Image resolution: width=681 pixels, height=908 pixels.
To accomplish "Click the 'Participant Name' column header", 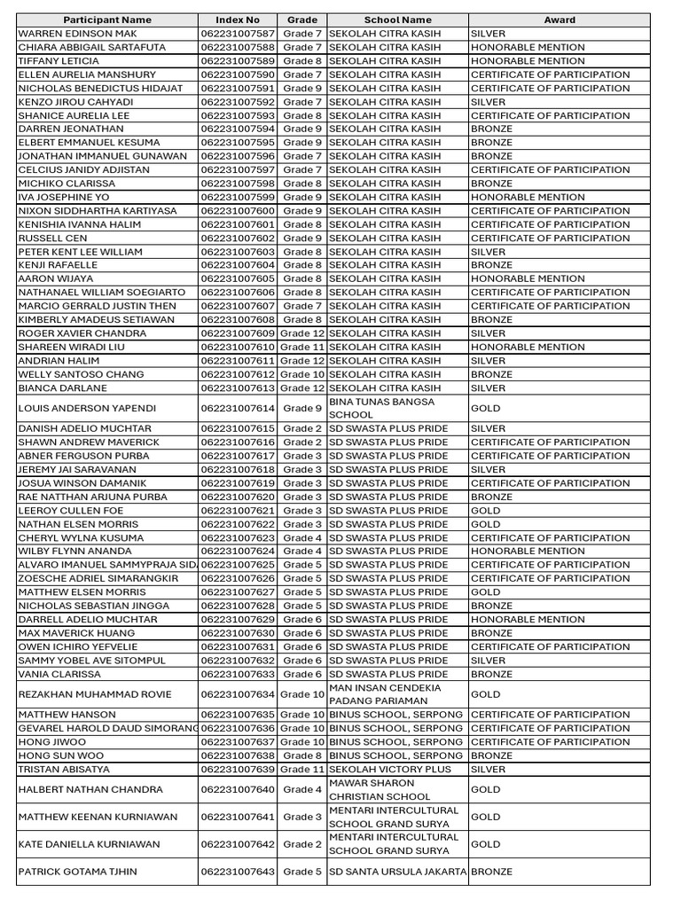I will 108,20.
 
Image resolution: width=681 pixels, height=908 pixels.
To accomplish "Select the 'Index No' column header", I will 238,20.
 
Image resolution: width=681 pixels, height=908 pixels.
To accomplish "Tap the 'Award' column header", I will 559,20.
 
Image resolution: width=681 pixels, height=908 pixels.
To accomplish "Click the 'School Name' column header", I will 397,20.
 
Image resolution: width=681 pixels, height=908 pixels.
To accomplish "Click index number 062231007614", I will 238,409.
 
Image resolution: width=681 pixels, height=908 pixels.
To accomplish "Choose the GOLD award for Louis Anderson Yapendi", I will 486,409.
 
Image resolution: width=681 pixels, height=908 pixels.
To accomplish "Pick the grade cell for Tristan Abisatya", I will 301,770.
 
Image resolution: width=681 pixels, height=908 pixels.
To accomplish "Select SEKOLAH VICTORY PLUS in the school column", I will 389,770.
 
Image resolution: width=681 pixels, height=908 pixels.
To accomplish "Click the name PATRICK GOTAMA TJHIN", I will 78,872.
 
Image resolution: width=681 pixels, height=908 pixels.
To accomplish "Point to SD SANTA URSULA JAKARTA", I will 397,872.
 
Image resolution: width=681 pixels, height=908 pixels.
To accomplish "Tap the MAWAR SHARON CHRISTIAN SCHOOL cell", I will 372,789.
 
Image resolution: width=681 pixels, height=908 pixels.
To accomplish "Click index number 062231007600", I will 238,211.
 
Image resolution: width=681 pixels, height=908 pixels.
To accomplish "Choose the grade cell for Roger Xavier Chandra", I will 301,333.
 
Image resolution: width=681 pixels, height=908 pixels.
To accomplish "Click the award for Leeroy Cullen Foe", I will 486,511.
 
